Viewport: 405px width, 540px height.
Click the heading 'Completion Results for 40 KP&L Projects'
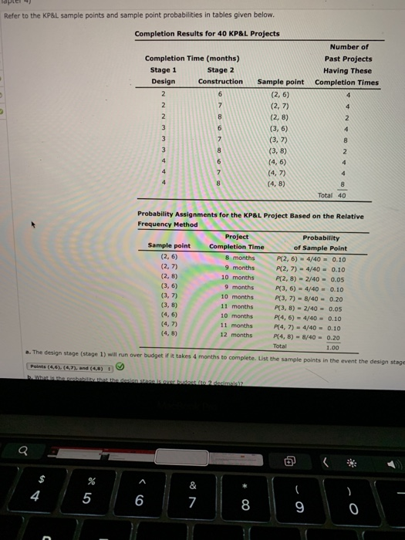tap(207, 34)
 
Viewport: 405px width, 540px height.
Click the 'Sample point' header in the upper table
tap(280, 81)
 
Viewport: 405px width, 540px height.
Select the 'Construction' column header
tap(221, 81)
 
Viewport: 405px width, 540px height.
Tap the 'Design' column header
tap(163, 81)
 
